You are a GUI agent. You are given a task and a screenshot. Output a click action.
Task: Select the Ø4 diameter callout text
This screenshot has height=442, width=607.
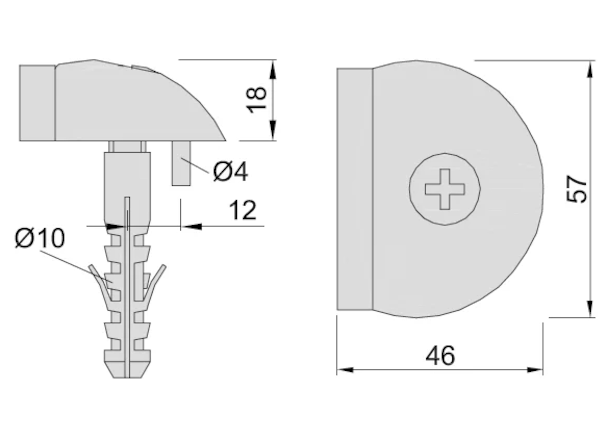click(x=230, y=172)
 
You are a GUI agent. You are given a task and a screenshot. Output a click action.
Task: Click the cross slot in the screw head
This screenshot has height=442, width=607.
click(x=445, y=189)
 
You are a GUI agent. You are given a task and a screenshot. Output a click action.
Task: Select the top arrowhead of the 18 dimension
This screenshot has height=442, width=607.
click(x=273, y=70)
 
